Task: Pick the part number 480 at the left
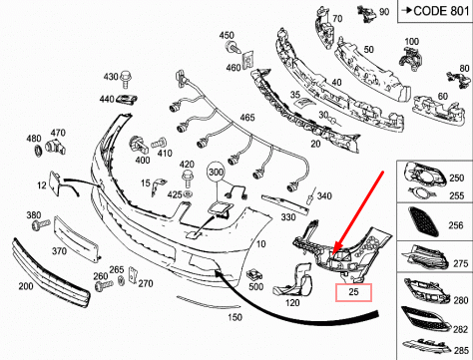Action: (32, 138)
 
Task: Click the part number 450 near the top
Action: (229, 36)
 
